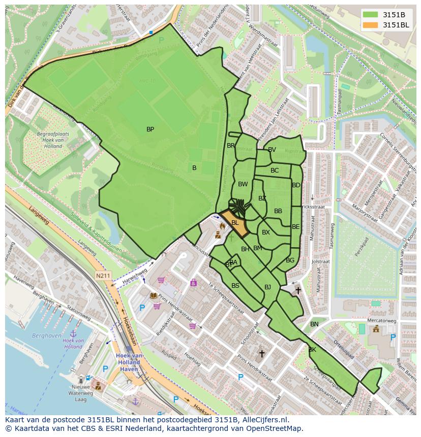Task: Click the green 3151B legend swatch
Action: (x=371, y=15)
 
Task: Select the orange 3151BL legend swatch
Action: (x=371, y=25)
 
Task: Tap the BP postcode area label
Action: (x=150, y=129)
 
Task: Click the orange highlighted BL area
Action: (x=234, y=223)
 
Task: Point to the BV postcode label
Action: (x=272, y=150)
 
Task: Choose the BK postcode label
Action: (x=312, y=350)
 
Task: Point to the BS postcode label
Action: (x=235, y=286)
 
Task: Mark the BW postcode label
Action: (x=243, y=184)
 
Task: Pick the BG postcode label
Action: (x=290, y=260)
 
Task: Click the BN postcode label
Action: (x=314, y=324)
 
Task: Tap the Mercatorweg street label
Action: (x=381, y=321)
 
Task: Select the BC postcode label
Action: (x=275, y=171)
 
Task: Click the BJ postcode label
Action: (x=267, y=287)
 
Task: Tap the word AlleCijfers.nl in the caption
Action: (x=263, y=420)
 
